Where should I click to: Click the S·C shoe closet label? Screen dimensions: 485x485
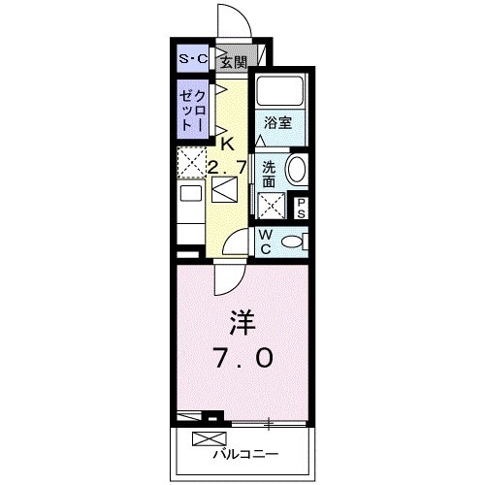(x=193, y=61)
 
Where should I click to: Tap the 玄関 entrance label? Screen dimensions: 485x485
(x=233, y=63)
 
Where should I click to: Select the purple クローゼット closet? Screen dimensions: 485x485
(x=192, y=110)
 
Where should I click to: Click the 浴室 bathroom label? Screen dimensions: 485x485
(x=280, y=123)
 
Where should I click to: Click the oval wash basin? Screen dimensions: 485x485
(x=297, y=169)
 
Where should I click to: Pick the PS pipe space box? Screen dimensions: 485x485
(x=301, y=207)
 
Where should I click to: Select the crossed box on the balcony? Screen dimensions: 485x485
(x=206, y=437)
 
